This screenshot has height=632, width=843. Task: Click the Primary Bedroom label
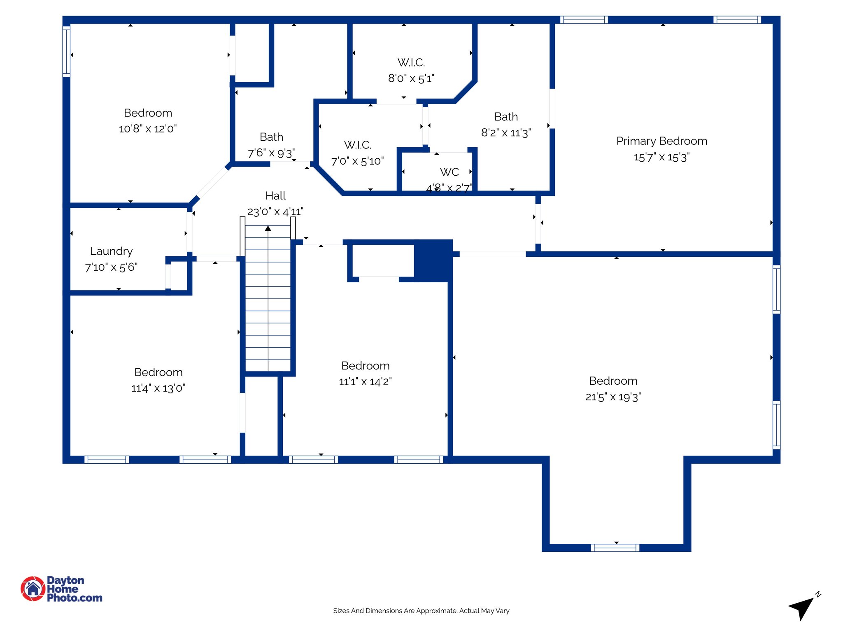coord(661,141)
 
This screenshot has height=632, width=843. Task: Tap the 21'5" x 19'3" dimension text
coord(613,397)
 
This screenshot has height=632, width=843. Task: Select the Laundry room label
coord(111,251)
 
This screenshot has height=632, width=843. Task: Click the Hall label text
coord(275,196)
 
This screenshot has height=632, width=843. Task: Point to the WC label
coord(449,172)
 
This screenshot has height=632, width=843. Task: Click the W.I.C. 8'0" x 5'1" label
coord(411,70)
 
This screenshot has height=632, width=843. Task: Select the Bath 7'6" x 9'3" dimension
coord(271,153)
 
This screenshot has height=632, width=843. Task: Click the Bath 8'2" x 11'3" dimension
coord(506,133)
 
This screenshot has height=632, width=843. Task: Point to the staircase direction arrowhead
coord(268,228)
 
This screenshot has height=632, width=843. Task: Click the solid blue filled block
coord(433,261)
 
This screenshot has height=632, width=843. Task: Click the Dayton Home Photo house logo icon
coord(33,589)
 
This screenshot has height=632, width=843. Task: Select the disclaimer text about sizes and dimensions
coord(421,611)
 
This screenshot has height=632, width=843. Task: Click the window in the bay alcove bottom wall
coord(615,548)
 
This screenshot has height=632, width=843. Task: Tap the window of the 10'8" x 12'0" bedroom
coord(66,51)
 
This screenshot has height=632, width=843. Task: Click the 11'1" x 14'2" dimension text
coord(365,382)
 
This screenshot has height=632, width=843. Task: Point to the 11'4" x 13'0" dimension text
coord(158,388)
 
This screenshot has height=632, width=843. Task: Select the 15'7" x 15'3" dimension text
coord(661,158)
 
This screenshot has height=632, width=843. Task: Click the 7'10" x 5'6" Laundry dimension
coord(111,267)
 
